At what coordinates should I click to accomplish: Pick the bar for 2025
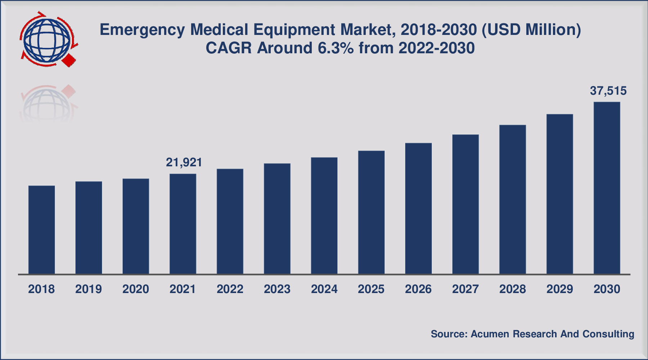coord(371,212)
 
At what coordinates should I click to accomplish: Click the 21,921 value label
coord(184,163)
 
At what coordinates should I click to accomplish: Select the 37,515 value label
coord(608,91)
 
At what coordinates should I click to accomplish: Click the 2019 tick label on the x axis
coord(89,289)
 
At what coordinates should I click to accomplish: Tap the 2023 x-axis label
coord(277,289)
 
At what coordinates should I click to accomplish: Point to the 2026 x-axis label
coord(418,289)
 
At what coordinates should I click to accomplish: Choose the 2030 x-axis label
coord(607,289)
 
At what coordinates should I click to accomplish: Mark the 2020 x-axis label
coord(136,289)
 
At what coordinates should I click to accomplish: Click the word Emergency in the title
coord(143,30)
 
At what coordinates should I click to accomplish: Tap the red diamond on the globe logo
coord(69,60)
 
